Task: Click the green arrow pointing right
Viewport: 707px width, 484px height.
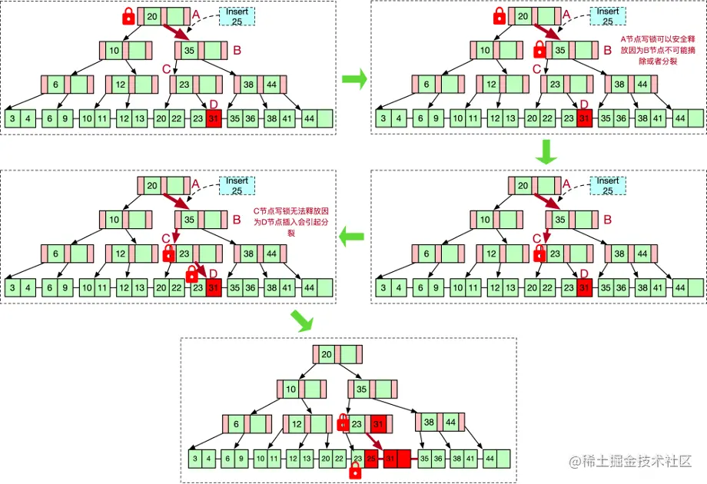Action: click(353, 78)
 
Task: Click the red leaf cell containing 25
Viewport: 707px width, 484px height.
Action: click(372, 459)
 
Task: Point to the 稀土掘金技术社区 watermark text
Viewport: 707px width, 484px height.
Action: click(638, 462)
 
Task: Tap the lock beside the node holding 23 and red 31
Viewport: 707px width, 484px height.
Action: click(344, 421)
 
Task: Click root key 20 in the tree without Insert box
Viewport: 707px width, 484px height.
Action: click(327, 354)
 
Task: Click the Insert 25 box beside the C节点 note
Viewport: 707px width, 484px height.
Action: click(237, 185)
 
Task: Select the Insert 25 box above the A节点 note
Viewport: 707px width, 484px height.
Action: click(608, 16)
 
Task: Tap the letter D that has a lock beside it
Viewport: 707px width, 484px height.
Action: click(214, 273)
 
